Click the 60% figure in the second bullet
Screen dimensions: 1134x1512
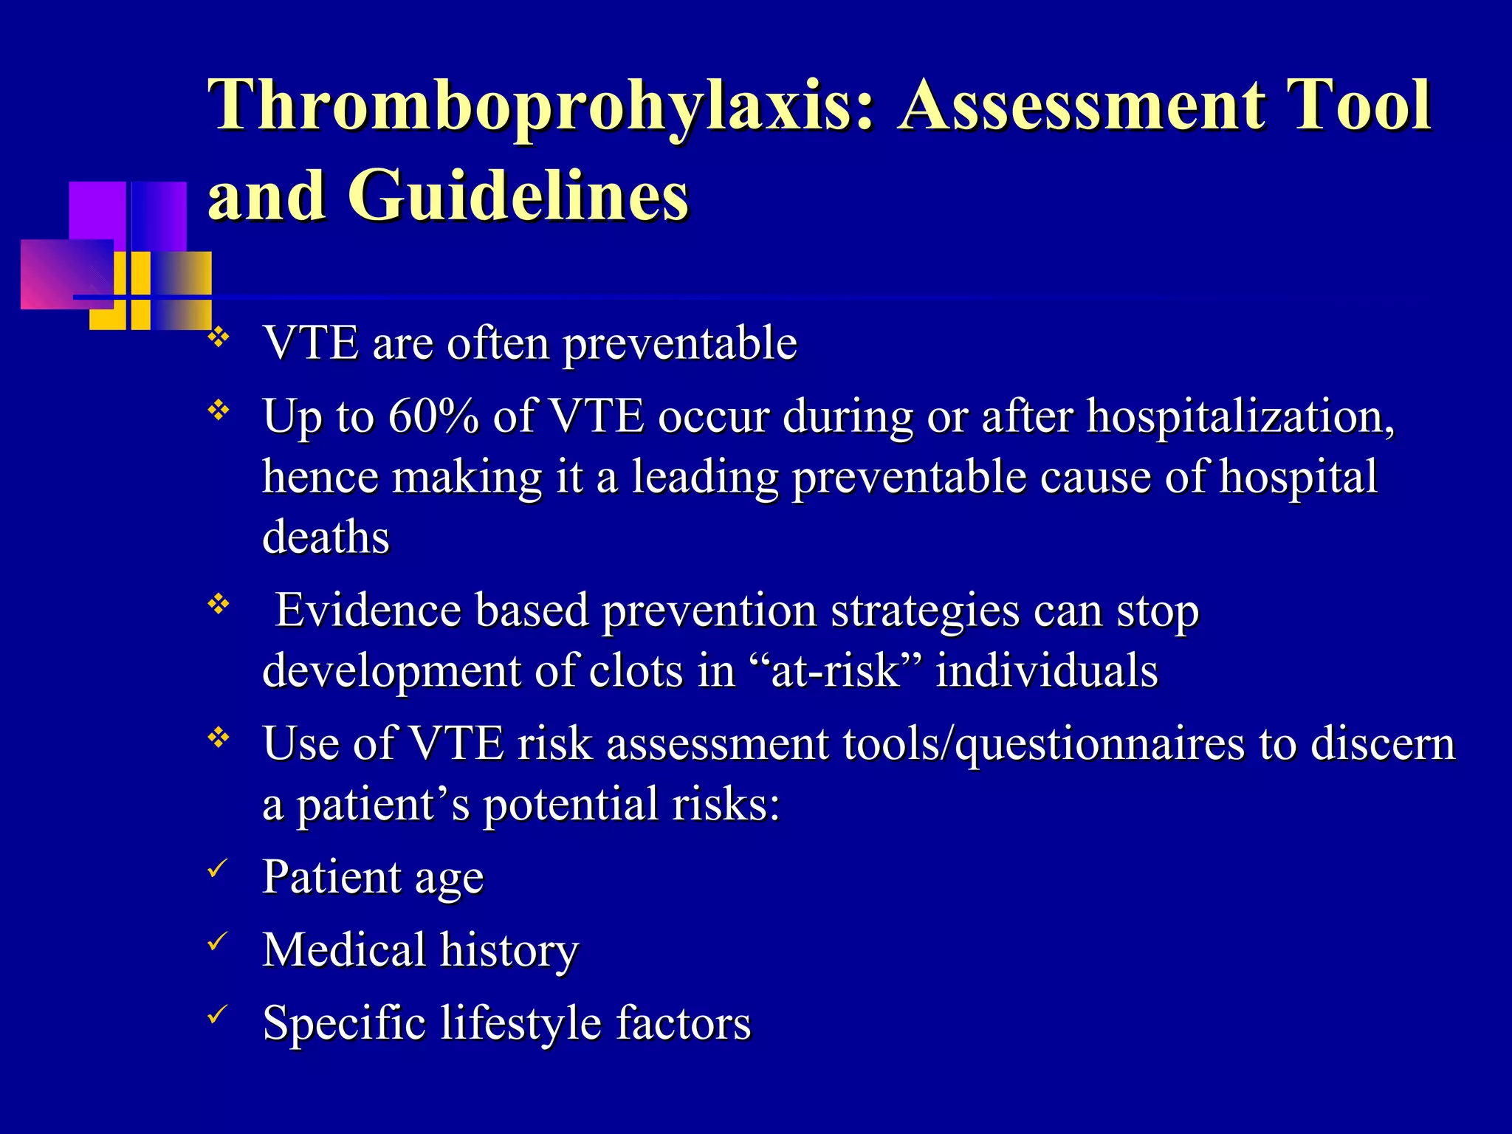(x=433, y=416)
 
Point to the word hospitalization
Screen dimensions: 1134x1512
(x=1240, y=418)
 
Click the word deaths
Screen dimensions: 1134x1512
(x=326, y=537)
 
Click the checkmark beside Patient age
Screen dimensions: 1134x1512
(x=216, y=869)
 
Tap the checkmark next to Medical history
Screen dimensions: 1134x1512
(x=216, y=941)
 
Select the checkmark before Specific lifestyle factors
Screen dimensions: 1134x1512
(x=216, y=1015)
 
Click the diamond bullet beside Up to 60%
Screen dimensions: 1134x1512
(x=218, y=410)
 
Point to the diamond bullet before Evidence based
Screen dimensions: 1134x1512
(x=218, y=605)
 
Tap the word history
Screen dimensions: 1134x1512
(x=509, y=950)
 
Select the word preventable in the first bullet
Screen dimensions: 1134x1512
(x=680, y=344)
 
